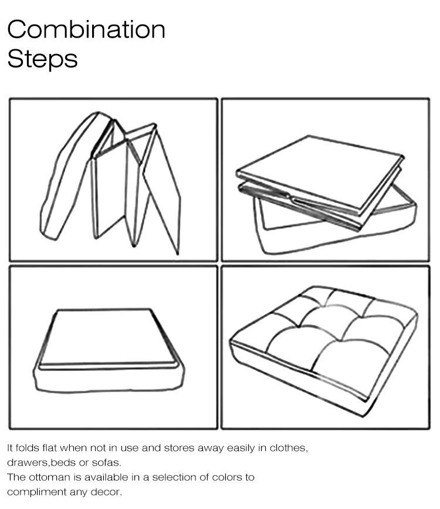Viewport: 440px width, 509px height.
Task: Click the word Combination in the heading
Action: click(86, 29)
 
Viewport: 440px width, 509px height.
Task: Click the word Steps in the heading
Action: click(42, 59)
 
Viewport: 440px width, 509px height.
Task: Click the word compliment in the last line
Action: click(36, 493)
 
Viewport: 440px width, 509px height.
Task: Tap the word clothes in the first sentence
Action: click(287, 448)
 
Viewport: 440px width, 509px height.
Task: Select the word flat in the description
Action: click(50, 448)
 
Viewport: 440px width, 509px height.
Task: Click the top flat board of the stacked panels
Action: click(320, 173)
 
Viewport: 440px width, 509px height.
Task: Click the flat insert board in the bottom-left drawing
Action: click(109, 338)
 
